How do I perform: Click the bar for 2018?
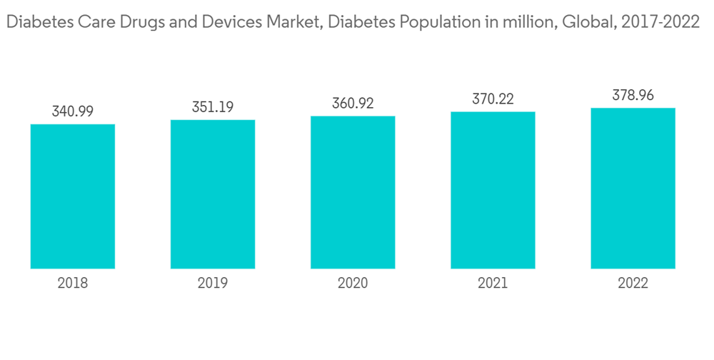(x=73, y=196)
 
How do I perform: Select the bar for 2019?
(x=213, y=194)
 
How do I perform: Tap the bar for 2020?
(x=353, y=192)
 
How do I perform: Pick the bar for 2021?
(x=493, y=190)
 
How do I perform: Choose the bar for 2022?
(x=633, y=188)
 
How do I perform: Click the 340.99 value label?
(x=73, y=111)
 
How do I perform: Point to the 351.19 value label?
(x=213, y=107)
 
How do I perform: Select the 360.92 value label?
(x=353, y=103)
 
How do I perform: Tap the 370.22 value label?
(x=493, y=99)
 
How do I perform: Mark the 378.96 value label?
(x=633, y=95)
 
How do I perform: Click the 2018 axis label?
(x=73, y=283)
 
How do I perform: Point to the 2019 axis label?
(x=213, y=283)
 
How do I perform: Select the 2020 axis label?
(x=353, y=283)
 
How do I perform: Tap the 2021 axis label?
(x=493, y=283)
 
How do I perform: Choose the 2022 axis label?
(x=633, y=283)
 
